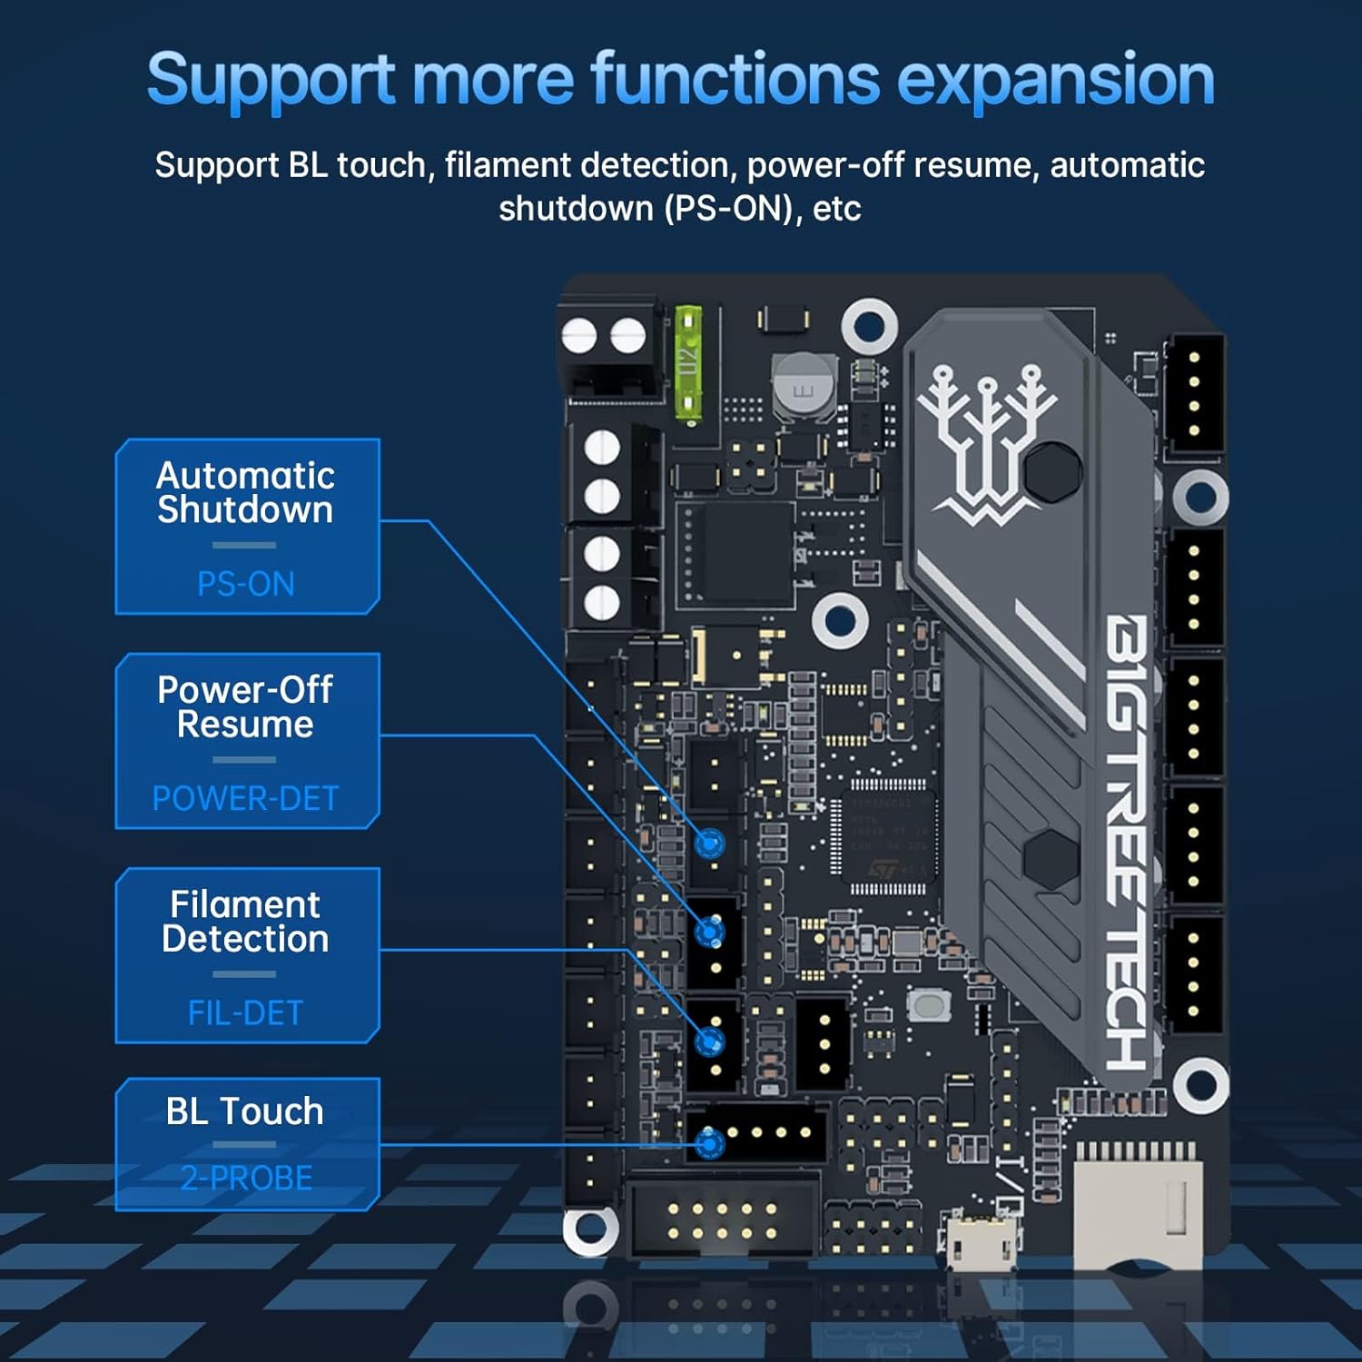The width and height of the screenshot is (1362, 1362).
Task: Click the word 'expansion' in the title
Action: [1055, 80]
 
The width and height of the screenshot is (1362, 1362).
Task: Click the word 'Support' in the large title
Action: [270, 80]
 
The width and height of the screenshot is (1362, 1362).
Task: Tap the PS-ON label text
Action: [246, 584]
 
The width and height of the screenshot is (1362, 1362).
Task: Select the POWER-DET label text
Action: [245, 798]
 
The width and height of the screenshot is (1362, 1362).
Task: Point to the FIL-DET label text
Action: [245, 1012]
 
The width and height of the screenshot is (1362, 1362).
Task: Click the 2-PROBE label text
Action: [246, 1178]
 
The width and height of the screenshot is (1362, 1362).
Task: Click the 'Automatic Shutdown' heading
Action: [245, 492]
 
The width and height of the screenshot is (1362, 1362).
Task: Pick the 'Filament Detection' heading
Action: [245, 921]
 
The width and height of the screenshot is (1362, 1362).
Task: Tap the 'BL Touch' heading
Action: [244, 1111]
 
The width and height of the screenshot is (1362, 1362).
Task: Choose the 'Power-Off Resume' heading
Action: [245, 706]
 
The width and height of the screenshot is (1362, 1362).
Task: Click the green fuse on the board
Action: [688, 363]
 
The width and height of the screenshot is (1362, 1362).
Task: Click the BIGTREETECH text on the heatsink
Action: [1126, 840]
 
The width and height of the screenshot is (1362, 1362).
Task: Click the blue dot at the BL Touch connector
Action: [710, 1144]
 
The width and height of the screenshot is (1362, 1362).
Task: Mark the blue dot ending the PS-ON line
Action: [710, 844]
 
